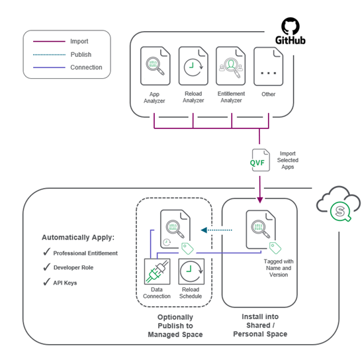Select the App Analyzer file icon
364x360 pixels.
coord(154,67)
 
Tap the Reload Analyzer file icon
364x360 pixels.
coord(193,67)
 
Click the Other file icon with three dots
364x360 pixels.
coord(269,67)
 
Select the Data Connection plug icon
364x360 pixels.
coord(158,273)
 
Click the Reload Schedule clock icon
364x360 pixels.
coord(191,273)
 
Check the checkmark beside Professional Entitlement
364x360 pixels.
coord(46,253)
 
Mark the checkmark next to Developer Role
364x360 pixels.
coord(46,268)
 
